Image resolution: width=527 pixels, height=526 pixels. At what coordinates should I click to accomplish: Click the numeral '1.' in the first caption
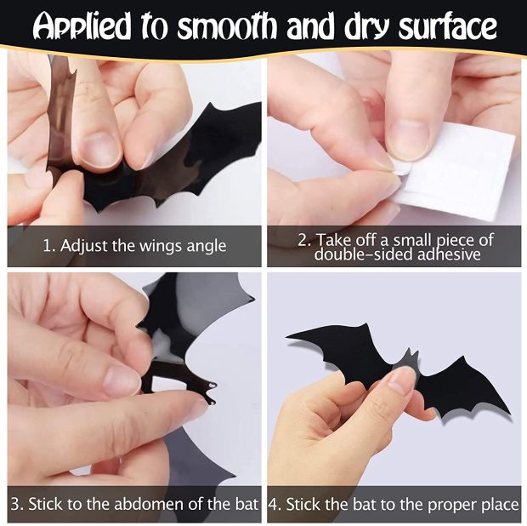[48, 247]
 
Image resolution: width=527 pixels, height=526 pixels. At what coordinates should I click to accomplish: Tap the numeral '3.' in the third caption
[17, 504]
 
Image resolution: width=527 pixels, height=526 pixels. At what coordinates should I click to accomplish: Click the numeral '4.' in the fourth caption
[275, 504]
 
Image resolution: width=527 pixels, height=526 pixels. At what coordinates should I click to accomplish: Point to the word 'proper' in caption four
[447, 505]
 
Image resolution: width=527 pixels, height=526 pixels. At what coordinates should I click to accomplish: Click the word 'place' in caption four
[497, 504]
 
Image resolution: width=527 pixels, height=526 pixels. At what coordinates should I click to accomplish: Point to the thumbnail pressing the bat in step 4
[401, 380]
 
